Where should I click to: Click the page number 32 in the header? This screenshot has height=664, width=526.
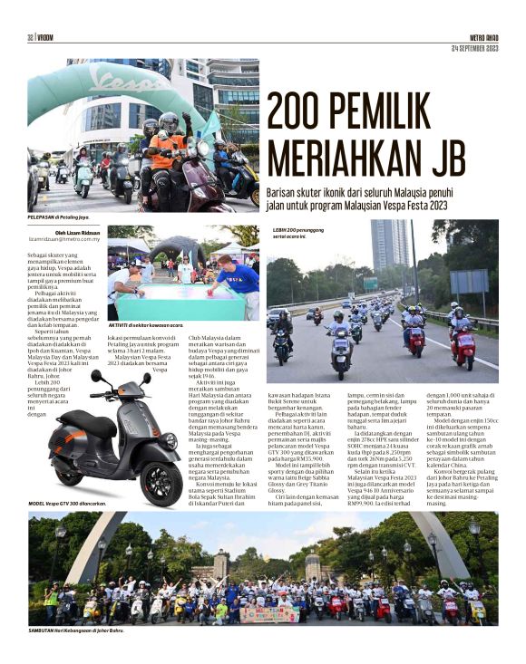click(x=31, y=37)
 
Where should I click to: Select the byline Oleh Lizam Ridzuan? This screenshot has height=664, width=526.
click(x=79, y=231)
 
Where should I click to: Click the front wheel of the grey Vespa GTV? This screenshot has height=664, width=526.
click(x=160, y=483)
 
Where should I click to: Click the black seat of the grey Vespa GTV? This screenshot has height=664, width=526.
click(x=83, y=421)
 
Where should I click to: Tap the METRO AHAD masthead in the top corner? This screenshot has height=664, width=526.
click(x=483, y=37)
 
